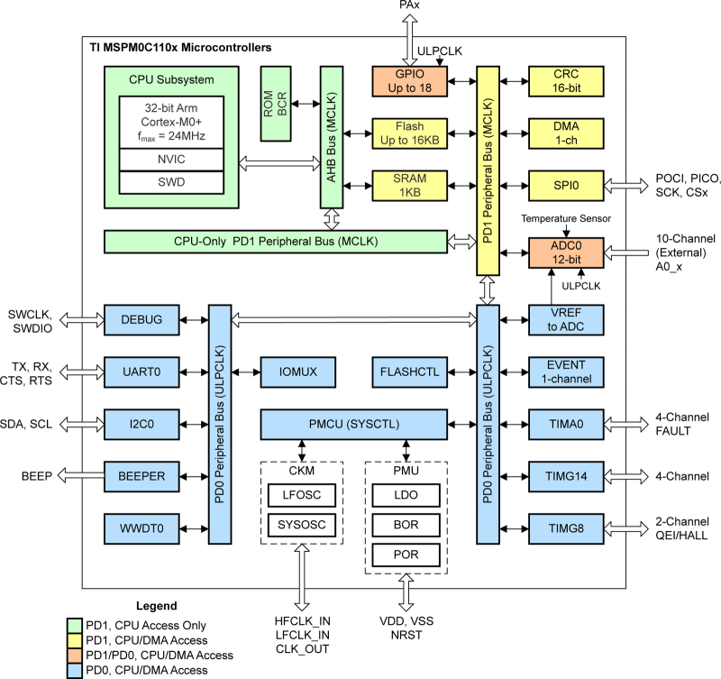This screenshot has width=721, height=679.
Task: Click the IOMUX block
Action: [x=297, y=370]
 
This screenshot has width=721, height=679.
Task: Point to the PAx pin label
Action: [x=407, y=7]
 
